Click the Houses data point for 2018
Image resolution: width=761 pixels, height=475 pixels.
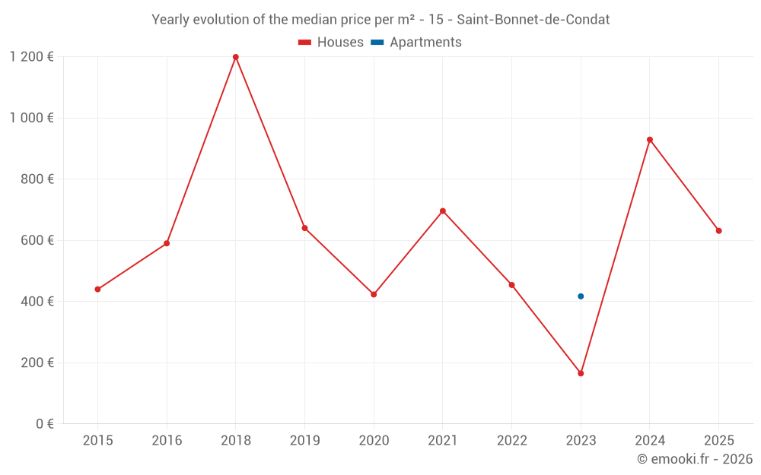tap(236, 57)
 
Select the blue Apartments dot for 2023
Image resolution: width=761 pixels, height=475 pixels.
tap(581, 296)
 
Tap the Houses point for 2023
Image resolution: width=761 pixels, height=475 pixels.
tap(581, 373)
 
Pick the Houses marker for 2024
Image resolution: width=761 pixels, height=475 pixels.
tap(650, 140)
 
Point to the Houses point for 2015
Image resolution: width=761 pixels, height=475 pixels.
tap(97, 290)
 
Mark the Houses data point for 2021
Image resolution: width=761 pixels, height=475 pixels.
tap(443, 211)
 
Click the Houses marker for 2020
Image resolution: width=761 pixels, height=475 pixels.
tap(374, 294)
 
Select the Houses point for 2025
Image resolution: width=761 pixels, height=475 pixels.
tap(718, 231)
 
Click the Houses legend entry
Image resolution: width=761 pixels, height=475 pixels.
tap(331, 43)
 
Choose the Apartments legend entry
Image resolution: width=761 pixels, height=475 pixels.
tap(416, 43)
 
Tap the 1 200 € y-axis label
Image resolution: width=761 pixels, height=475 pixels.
tap(31, 56)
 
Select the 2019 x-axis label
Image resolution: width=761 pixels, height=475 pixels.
tap(304, 441)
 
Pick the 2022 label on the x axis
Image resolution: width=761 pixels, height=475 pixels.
tap(511, 441)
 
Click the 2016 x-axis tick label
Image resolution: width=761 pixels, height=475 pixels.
tap(167, 441)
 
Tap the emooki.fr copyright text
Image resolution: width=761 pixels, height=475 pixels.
tap(694, 459)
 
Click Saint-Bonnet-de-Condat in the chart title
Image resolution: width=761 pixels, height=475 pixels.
tap(533, 20)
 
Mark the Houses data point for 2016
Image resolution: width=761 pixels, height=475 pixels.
tap(167, 243)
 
